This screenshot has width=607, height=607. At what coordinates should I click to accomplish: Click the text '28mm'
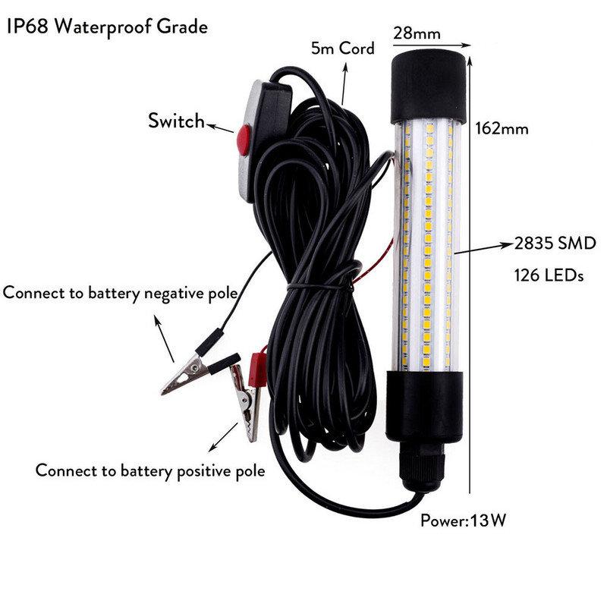(416, 34)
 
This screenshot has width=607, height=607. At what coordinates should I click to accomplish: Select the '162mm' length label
(503, 128)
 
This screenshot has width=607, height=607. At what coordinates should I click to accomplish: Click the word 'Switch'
(176, 121)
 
